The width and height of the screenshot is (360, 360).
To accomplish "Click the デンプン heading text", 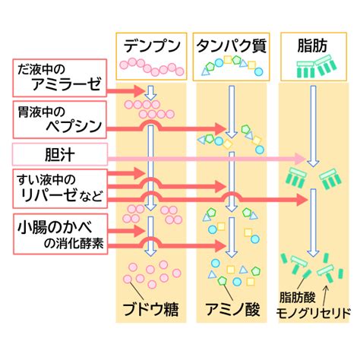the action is click(x=152, y=46).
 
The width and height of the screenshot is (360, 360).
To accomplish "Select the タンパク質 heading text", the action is click(x=232, y=46).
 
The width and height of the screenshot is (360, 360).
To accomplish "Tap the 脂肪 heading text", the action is click(x=312, y=46).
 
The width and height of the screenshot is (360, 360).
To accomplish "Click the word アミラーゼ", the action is click(x=67, y=84).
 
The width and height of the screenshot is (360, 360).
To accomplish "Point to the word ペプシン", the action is click(x=74, y=126).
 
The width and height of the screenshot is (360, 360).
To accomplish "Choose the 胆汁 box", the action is click(x=60, y=154).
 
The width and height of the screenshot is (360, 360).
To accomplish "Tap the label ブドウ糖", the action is click(x=150, y=309).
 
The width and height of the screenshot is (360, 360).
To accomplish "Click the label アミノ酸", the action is click(x=232, y=309).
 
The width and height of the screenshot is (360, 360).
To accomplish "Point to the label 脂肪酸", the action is click(x=297, y=297).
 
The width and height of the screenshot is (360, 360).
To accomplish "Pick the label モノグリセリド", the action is click(x=313, y=313).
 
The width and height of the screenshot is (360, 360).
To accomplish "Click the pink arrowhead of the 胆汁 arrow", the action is click(x=302, y=159).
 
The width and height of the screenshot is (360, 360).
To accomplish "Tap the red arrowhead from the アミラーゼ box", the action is click(x=139, y=91).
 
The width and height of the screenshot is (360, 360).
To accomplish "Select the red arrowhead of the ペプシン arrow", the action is click(x=220, y=129).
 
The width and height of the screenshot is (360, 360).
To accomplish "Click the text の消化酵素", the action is click(x=74, y=244).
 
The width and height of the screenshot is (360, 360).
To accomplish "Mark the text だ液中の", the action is click(x=41, y=69).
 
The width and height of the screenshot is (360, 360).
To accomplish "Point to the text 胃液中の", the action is click(x=41, y=112).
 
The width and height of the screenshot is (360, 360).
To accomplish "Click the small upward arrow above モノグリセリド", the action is click(x=326, y=295).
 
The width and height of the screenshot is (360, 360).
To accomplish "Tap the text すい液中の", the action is click(x=46, y=179).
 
